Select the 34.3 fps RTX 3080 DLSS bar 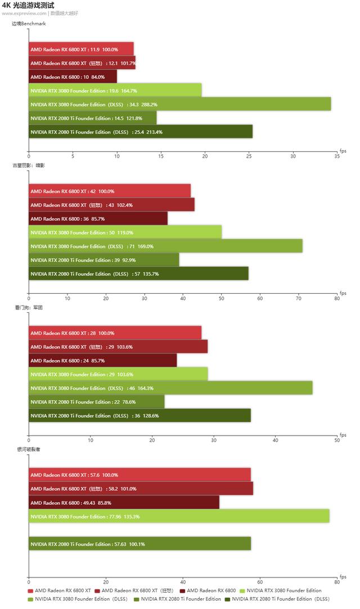[179, 104]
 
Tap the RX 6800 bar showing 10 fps [73, 77]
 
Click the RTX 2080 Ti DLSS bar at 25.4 [141, 132]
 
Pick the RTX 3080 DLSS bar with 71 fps [165, 246]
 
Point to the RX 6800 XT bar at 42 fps [110, 191]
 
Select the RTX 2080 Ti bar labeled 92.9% [104, 260]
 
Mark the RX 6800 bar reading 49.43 [124, 503]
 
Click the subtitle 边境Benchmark [29, 24]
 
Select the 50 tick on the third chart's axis [337, 440]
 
